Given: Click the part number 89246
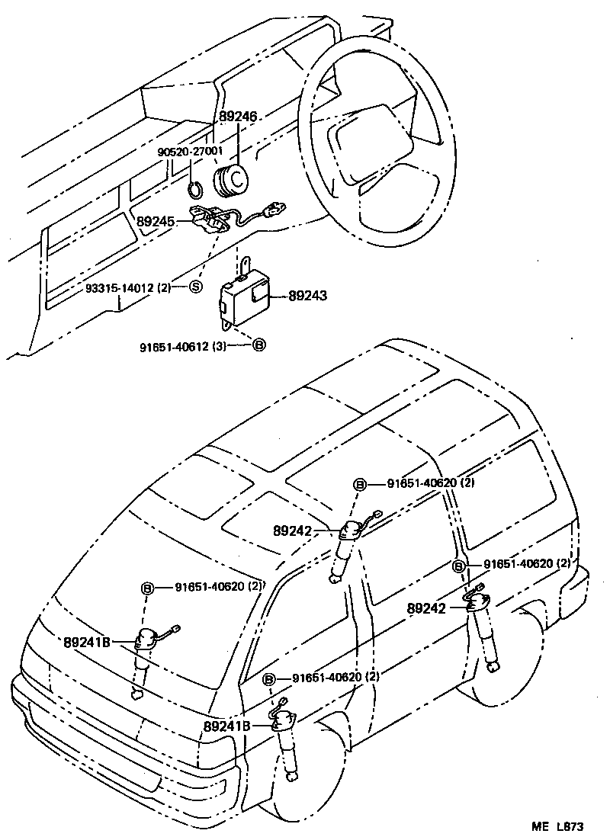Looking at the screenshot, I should (238, 117).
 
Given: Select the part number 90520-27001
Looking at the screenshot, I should (189, 152).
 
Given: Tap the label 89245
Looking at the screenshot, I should (156, 222).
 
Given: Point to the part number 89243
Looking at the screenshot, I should (307, 295).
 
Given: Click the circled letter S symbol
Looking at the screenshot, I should (195, 287).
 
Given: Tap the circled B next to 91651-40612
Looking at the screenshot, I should (258, 345).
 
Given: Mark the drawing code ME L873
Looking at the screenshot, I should (557, 826).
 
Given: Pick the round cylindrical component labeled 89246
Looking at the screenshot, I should (232, 181).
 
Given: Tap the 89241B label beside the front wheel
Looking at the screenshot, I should (226, 726).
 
